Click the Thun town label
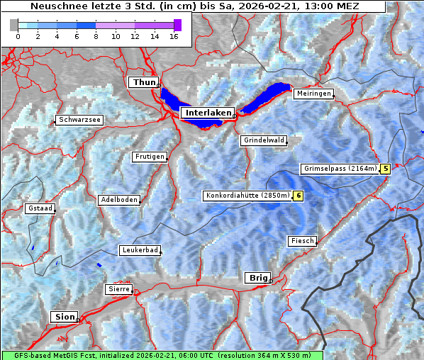(144, 83)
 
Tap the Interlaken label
(208, 113)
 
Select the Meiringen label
(313, 94)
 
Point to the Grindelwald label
(264, 140)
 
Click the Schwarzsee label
(80, 120)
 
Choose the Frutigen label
(149, 157)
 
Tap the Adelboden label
(118, 200)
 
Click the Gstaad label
(40, 208)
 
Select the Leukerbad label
(139, 250)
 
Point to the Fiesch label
(302, 241)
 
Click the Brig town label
(257, 278)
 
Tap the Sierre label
(118, 289)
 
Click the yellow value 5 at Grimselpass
(385, 169)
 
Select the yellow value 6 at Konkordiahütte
(299, 196)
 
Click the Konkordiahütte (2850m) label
(247, 196)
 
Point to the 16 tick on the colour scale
(174, 36)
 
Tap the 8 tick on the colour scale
(96, 36)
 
